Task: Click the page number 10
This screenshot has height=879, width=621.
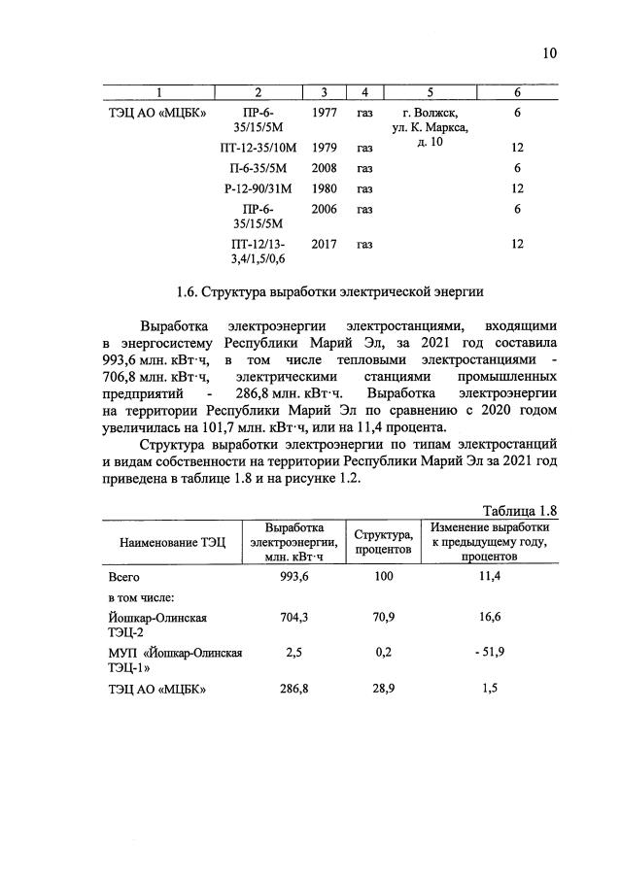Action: pyautogui.click(x=549, y=53)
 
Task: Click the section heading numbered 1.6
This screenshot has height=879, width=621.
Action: pyautogui.click(x=329, y=290)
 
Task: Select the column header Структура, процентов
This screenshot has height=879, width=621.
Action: pyautogui.click(x=383, y=542)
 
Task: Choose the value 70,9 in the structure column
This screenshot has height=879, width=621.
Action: pyautogui.click(x=383, y=617)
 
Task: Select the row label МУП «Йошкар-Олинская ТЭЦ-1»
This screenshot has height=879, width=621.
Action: pyautogui.click(x=176, y=659)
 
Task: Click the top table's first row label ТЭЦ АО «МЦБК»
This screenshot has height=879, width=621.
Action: pyautogui.click(x=155, y=113)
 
